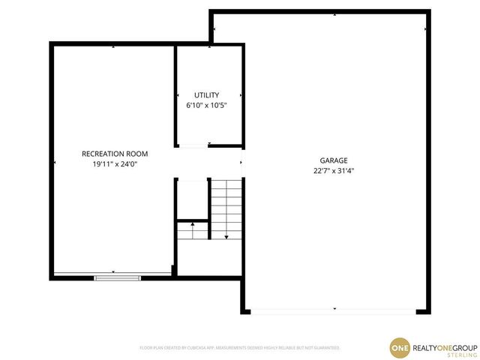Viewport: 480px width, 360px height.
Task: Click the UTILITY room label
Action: (x=206, y=95)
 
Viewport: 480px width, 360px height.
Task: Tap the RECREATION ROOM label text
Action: (x=115, y=154)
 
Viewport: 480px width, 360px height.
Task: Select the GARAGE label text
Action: (x=334, y=160)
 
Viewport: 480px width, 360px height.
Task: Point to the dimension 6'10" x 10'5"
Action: (x=206, y=106)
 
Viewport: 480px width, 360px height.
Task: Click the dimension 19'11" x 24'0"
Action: (x=115, y=163)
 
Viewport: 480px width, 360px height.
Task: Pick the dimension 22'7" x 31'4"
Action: (x=334, y=170)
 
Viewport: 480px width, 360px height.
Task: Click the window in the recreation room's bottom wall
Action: (x=117, y=277)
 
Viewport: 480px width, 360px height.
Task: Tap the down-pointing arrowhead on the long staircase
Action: (x=226, y=237)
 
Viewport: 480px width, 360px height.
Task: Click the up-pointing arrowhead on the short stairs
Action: (x=193, y=223)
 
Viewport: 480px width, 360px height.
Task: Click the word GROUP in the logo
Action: (x=462, y=344)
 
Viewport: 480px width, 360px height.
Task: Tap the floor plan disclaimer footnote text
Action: (x=240, y=348)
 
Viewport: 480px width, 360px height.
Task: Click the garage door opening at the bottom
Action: (x=336, y=310)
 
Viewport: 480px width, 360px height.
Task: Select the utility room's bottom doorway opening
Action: (x=193, y=145)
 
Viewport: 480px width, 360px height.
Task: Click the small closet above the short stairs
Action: (x=192, y=198)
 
